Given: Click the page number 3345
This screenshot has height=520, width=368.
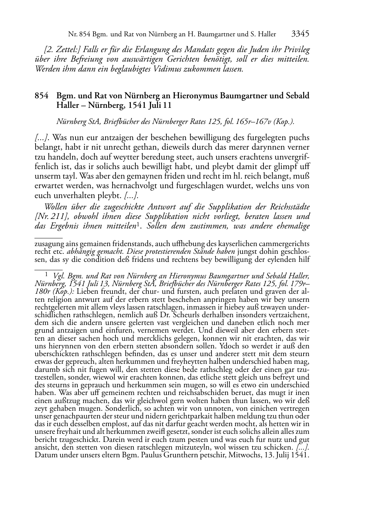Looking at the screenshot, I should point(300,34).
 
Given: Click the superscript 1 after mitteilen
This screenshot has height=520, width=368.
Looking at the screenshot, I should point(138,224).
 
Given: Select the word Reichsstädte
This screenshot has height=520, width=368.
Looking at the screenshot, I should point(289,207).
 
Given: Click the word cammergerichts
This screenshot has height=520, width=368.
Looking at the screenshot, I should point(286,244).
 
